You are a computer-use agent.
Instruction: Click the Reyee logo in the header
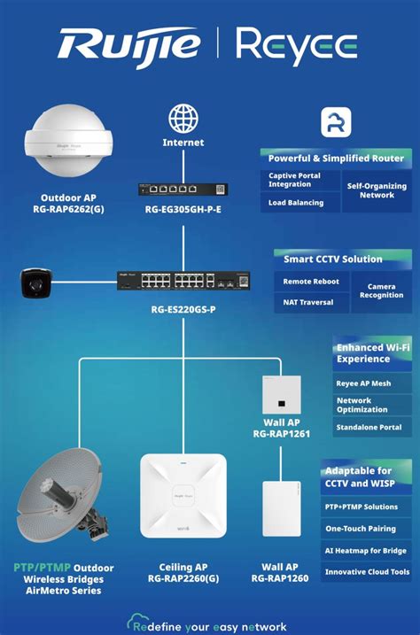point(297,47)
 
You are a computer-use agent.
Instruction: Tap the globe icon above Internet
point(183,119)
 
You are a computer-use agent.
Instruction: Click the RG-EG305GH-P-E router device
point(183,189)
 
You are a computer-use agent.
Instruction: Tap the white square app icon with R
point(336,122)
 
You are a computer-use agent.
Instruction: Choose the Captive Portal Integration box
point(300,180)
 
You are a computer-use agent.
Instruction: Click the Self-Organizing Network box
point(376,190)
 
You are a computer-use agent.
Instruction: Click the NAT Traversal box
point(307,302)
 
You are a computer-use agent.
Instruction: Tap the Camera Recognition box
point(381,290)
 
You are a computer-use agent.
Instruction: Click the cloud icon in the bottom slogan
point(137,623)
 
